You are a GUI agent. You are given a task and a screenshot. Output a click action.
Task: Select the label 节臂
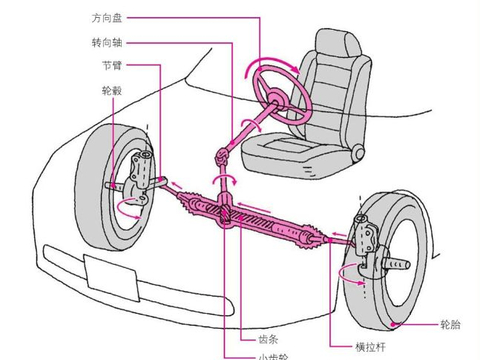(113, 66)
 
